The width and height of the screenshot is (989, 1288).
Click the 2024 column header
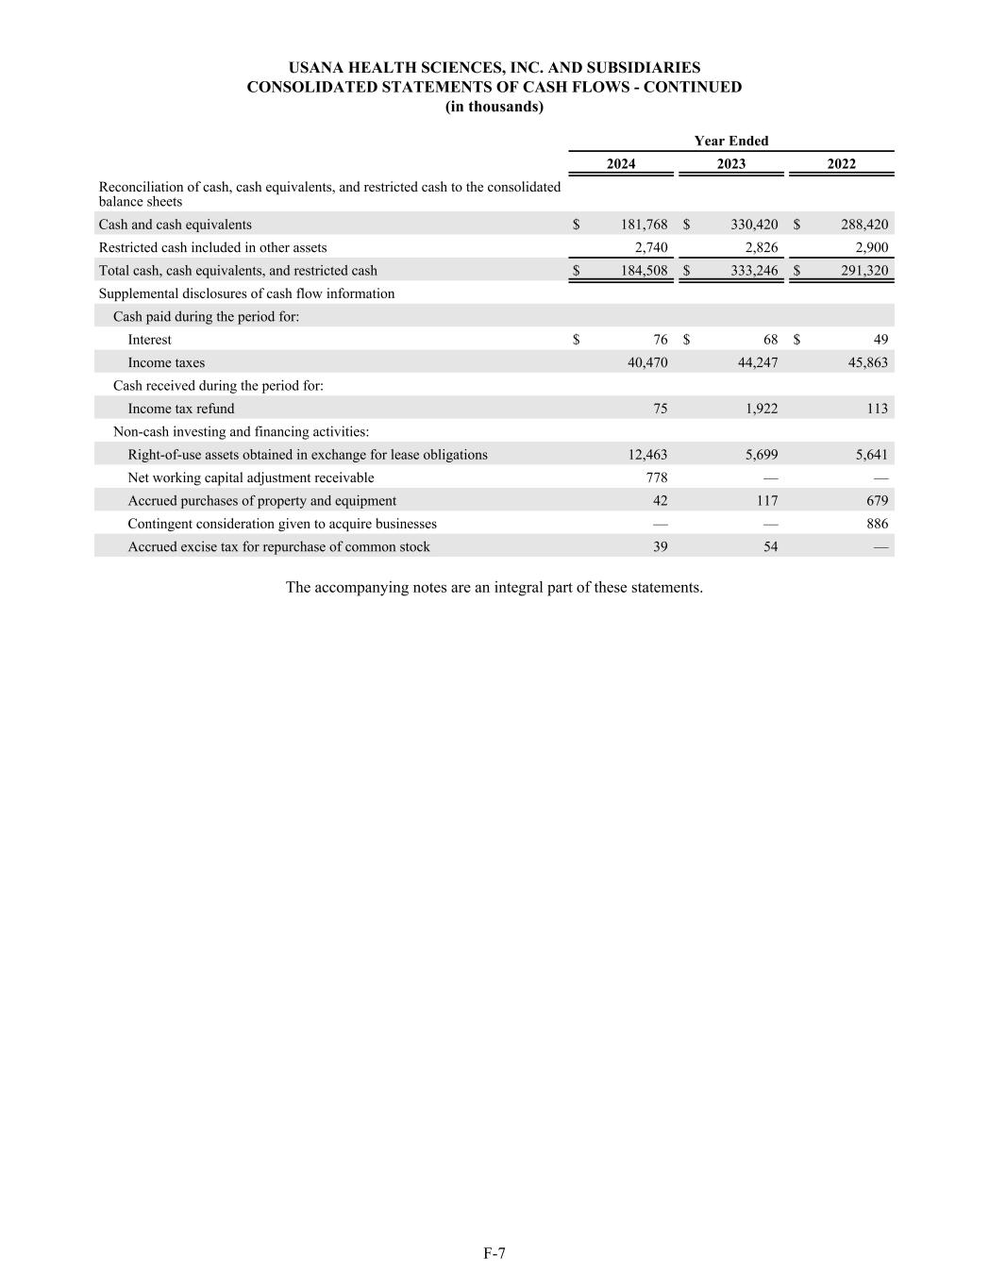[620, 164]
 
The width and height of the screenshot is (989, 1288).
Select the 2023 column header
[730, 164]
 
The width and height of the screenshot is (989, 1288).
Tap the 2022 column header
[841, 164]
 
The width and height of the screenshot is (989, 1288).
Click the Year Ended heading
[731, 141]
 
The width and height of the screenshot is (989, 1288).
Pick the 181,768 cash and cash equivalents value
[644, 225]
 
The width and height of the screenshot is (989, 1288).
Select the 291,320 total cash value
[864, 271]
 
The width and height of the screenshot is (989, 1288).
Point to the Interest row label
[150, 340]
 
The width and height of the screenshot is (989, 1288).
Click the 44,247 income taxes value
[754, 362]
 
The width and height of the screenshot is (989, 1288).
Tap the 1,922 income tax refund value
[760, 409]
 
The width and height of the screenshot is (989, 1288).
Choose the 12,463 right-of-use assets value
[647, 455]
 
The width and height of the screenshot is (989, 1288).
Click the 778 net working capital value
[657, 477]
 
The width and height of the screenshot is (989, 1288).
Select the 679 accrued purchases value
[877, 501]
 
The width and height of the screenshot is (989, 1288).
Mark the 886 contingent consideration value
[877, 524]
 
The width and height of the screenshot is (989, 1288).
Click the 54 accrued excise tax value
[770, 547]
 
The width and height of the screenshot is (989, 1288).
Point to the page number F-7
[494, 1253]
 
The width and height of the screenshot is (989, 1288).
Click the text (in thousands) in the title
[494, 107]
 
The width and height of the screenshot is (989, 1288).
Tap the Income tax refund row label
[181, 409]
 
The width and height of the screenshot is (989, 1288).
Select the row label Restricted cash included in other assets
[212, 247]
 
